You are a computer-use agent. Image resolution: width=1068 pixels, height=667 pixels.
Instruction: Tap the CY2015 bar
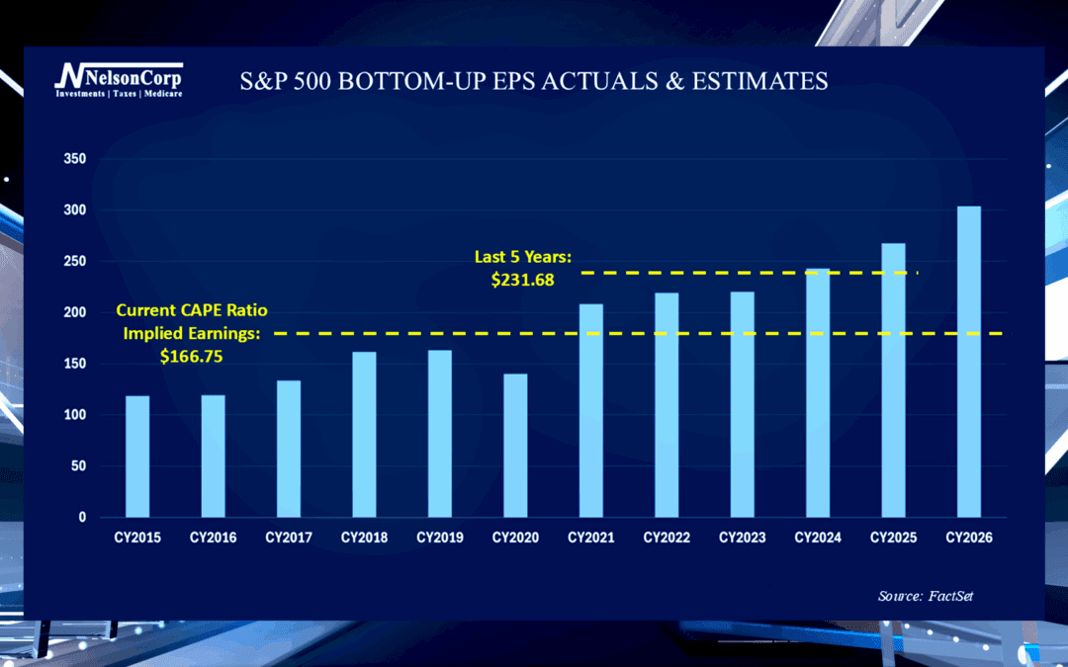[137, 456]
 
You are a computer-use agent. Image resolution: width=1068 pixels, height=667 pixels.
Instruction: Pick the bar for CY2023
[742, 404]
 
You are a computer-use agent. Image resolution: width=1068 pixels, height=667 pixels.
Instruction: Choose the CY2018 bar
[364, 434]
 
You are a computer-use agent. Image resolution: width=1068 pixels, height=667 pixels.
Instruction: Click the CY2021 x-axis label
[591, 539]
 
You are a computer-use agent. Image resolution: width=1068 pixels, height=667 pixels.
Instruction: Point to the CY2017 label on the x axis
[289, 539]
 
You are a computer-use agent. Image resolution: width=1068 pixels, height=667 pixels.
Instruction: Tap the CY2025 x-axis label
[894, 539]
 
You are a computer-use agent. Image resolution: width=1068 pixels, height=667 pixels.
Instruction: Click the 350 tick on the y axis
[74, 159]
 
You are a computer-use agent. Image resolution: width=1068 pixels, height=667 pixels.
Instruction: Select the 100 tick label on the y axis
[74, 415]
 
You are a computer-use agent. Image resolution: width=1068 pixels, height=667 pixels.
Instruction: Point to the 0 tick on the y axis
[82, 518]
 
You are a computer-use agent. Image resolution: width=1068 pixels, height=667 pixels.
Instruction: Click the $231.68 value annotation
[522, 280]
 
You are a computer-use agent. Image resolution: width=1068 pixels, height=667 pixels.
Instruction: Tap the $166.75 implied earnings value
[191, 356]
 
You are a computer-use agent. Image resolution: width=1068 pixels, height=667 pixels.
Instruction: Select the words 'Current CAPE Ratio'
[191, 310]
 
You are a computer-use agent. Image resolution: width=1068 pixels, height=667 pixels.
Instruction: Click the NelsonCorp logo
[118, 80]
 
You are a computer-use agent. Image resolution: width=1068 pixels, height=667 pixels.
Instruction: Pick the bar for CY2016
[213, 456]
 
